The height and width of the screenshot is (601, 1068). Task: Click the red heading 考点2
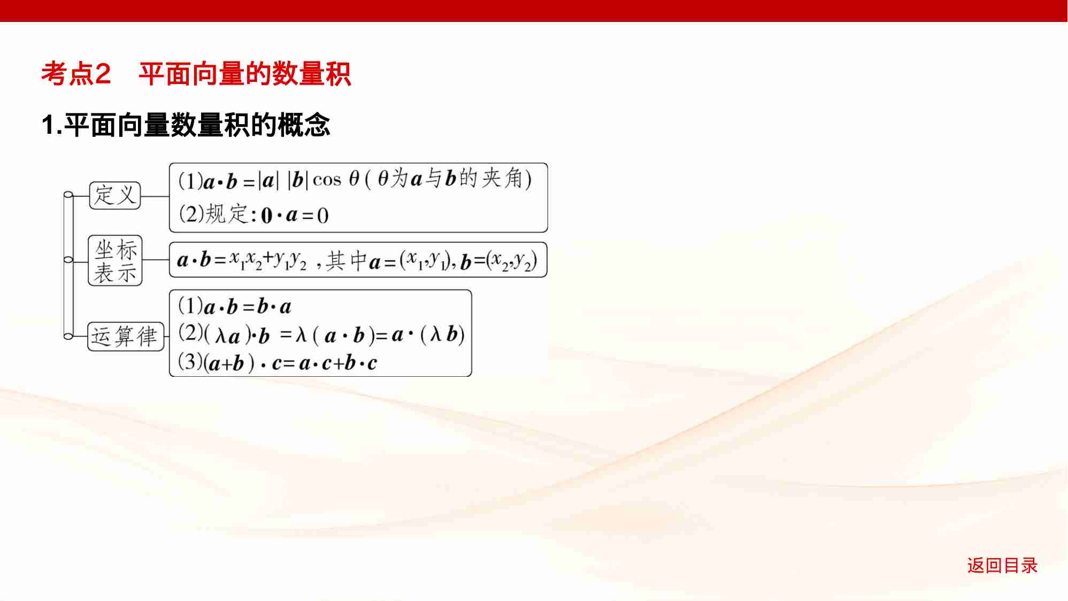tap(76, 73)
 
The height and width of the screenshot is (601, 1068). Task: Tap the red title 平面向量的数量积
tap(244, 73)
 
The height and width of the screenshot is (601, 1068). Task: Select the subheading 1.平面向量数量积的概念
tap(186, 125)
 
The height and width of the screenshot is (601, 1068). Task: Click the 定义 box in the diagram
tap(114, 195)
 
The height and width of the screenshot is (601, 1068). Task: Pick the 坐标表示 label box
tap(115, 261)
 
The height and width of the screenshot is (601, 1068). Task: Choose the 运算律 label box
tap(125, 337)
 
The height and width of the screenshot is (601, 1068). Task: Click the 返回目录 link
tap(1002, 565)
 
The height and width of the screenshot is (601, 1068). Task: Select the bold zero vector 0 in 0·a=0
tap(266, 216)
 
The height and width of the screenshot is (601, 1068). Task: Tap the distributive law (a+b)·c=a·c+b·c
tap(291, 363)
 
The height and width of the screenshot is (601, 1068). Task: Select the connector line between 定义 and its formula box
tap(155, 196)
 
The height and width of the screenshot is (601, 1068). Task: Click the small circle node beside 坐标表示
tap(68, 260)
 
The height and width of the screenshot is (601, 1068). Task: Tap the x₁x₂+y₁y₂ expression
tap(268, 261)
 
